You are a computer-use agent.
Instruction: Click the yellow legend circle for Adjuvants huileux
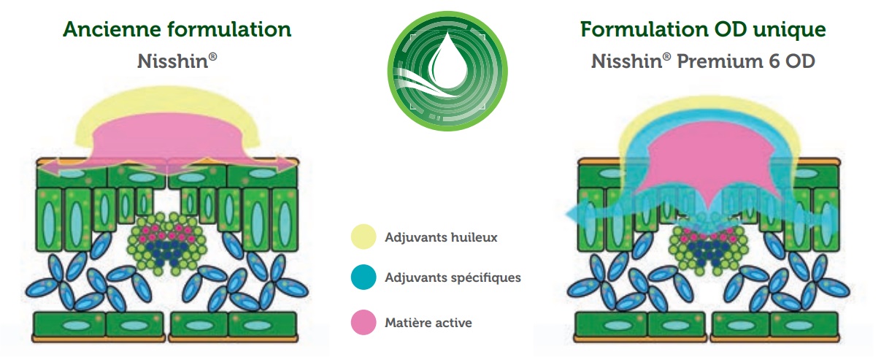(363, 237)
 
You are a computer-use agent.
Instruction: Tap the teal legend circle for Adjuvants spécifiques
(363, 277)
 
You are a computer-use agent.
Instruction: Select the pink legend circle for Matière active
(363, 323)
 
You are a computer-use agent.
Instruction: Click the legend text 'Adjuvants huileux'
(441, 237)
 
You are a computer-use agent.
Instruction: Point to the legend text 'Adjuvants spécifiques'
(453, 277)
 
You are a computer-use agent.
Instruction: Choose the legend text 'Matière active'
(428, 323)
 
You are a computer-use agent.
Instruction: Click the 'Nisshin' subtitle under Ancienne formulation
(177, 61)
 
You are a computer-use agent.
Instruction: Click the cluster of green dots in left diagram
(167, 244)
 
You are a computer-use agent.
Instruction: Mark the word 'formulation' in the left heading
(229, 29)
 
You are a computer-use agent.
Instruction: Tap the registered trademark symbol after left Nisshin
(212, 57)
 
